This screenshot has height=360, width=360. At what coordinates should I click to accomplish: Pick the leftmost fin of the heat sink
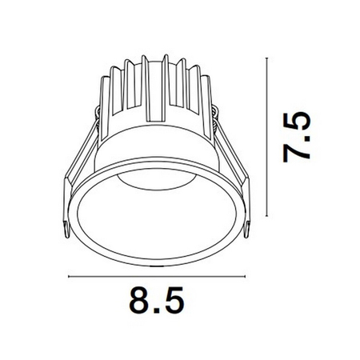(x=103, y=96)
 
